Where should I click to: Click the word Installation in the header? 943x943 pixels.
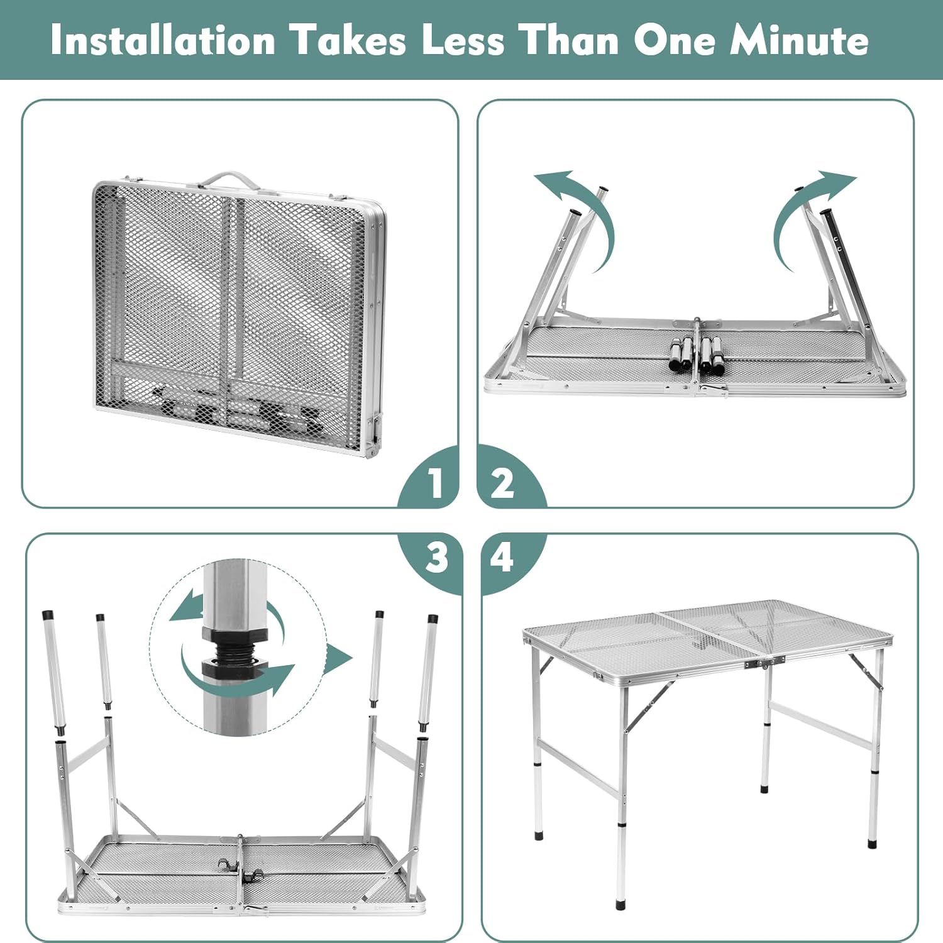click(163, 40)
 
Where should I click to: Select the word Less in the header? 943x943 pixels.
click(463, 40)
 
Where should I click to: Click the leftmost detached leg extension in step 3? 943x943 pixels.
click(53, 673)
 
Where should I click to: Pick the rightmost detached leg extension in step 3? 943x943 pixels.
click(429, 673)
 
